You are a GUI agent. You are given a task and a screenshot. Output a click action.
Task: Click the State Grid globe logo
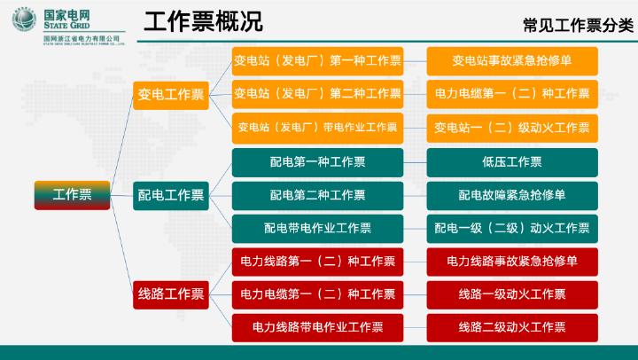[24, 20]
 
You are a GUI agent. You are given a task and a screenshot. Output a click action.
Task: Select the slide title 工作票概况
[203, 21]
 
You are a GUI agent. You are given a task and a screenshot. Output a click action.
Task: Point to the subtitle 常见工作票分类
[578, 25]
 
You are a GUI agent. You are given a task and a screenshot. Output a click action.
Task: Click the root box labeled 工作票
[72, 195]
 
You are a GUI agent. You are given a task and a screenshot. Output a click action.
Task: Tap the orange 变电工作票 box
[171, 95]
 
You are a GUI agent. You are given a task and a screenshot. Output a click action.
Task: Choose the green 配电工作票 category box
[171, 195]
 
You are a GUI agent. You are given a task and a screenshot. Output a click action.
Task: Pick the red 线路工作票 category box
[171, 294]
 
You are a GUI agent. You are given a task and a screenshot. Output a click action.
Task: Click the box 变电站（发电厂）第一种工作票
[317, 61]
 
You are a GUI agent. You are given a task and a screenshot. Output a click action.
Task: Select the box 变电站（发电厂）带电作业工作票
[317, 128]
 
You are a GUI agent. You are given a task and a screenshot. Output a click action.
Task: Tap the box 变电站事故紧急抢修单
[512, 61]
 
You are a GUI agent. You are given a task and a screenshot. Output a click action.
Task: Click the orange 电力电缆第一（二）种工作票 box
[512, 94]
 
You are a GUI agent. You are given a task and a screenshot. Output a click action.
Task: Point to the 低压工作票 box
[512, 162]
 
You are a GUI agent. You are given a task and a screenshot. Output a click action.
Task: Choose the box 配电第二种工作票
[317, 195]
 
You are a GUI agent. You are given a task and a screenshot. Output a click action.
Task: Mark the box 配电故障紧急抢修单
[512, 195]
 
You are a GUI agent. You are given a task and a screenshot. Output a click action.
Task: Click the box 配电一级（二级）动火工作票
[512, 229]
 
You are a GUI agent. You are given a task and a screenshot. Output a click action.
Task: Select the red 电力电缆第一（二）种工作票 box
[317, 294]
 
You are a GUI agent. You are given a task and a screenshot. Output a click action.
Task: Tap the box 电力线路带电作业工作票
[317, 327]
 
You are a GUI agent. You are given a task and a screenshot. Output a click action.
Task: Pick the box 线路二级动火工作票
[512, 327]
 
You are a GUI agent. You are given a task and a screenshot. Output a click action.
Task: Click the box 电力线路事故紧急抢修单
[512, 262]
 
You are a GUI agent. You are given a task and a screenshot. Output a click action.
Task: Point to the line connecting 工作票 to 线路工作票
[121, 245]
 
